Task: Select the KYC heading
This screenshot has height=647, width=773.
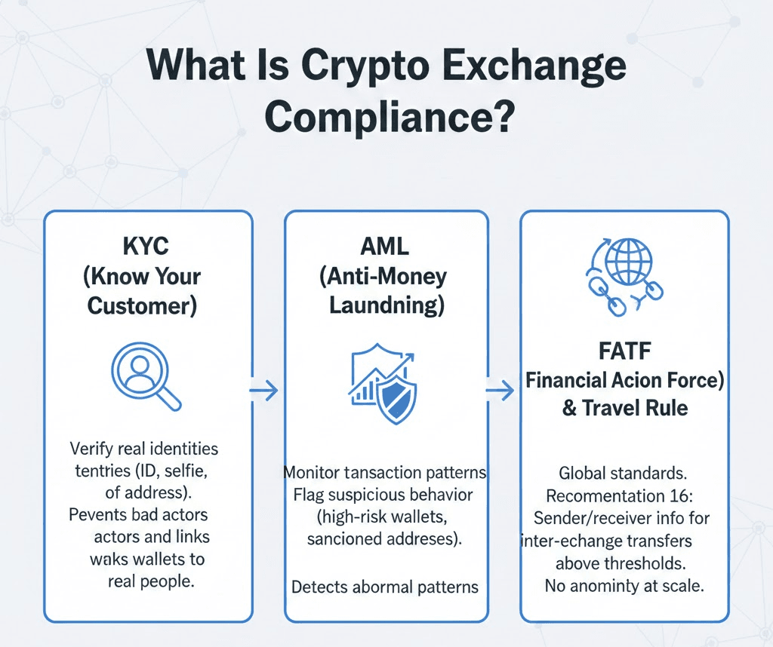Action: point(147,248)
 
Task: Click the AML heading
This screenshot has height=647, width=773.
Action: point(386,248)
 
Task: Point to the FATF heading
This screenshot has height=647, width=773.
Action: point(624,352)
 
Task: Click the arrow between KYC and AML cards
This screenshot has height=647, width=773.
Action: point(264,391)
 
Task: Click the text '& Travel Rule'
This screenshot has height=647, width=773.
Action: point(624,408)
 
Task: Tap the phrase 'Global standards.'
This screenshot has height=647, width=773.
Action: point(624,474)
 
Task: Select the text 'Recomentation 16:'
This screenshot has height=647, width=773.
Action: point(624,497)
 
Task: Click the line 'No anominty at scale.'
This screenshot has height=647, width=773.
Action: point(624,586)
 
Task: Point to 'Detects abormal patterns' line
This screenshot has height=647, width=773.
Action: point(385,586)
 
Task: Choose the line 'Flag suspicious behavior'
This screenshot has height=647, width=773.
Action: point(385,495)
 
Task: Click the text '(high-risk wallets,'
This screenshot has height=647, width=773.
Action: point(385,518)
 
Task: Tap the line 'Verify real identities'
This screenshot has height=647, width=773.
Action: point(143,449)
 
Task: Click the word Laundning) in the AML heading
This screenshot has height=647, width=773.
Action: point(385,305)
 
